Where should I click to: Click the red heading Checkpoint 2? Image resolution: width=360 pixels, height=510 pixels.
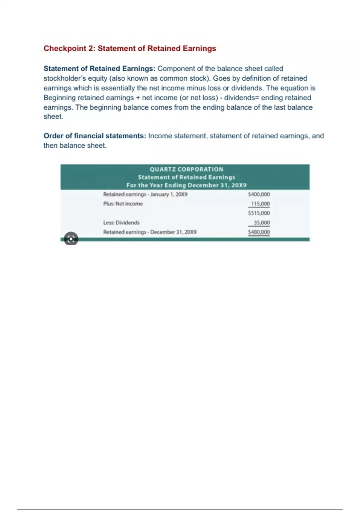point(130,49)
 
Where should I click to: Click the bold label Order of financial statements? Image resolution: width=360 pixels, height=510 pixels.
point(95,136)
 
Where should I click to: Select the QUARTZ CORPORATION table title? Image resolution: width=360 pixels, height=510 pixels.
point(186,169)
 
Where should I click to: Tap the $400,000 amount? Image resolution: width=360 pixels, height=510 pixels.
point(259,194)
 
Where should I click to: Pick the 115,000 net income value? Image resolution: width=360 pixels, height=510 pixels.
point(260,204)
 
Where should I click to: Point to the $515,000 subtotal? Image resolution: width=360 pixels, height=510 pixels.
point(259,213)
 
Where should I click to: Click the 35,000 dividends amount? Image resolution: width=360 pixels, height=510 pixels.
point(262,223)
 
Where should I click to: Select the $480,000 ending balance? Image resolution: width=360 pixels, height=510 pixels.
point(259,232)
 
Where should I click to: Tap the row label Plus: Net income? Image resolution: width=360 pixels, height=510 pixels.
point(123,204)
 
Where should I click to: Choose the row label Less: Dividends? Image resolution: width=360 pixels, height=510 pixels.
point(121,223)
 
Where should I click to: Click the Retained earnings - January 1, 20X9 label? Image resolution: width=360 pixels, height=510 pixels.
point(145,194)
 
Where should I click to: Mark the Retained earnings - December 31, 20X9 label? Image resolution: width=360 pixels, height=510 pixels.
point(150,232)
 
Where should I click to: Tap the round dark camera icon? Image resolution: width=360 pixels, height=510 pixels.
point(71,239)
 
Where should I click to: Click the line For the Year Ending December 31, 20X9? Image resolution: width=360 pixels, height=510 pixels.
point(186,185)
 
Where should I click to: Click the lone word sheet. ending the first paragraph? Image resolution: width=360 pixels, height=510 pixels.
point(53,116)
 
